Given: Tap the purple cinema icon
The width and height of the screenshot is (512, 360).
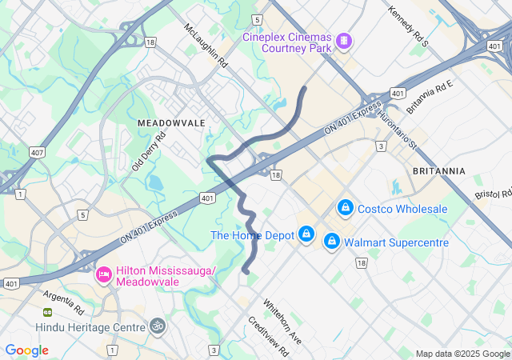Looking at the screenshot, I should tap(344, 40).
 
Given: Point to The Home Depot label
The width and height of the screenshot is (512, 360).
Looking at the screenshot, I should tap(253, 235).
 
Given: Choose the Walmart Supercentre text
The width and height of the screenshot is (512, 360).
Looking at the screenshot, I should tap(396, 242).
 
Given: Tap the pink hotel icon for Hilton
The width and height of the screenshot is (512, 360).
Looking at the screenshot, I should tap(103, 275).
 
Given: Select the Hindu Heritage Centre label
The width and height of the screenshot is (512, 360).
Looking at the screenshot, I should tap(90, 327).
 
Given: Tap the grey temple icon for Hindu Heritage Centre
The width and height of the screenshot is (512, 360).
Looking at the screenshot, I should tap(157, 326).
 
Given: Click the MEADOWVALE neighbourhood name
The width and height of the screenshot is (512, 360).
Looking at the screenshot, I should tap(171, 122).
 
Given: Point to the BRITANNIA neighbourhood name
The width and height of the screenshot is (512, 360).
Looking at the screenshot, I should tap(438, 171).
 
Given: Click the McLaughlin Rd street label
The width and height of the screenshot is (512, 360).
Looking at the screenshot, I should tap(206, 46).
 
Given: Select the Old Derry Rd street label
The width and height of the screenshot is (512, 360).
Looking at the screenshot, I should tap(148, 150).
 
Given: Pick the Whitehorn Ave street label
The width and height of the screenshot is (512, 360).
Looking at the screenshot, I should tap(282, 321).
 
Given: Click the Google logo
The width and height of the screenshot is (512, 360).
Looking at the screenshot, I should tap(27, 350).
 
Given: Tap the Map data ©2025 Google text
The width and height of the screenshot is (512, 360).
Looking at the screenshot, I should tap(462, 354).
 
